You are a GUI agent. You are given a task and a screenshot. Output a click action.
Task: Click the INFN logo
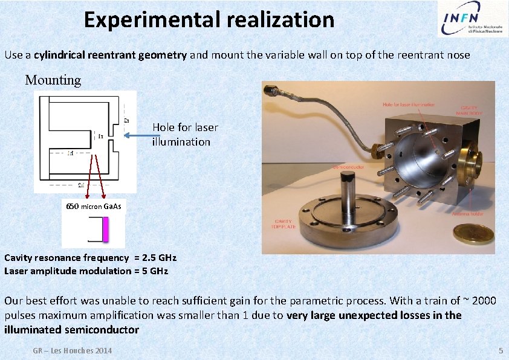tap(470, 19)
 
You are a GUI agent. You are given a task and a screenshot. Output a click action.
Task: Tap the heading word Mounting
tap(53, 80)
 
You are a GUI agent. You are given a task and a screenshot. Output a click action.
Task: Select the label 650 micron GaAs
tap(94, 207)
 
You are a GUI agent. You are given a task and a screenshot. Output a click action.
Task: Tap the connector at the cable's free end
tap(269, 92)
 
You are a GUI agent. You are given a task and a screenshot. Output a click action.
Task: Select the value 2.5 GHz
tap(158, 258)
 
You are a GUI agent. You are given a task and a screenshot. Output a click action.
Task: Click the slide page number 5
tap(500, 351)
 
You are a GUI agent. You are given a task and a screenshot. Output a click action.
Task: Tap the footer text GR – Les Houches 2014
tap(73, 351)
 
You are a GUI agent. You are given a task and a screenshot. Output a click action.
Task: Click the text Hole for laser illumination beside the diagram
tap(184, 135)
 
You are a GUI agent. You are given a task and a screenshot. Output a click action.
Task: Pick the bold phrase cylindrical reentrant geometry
tap(111, 55)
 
